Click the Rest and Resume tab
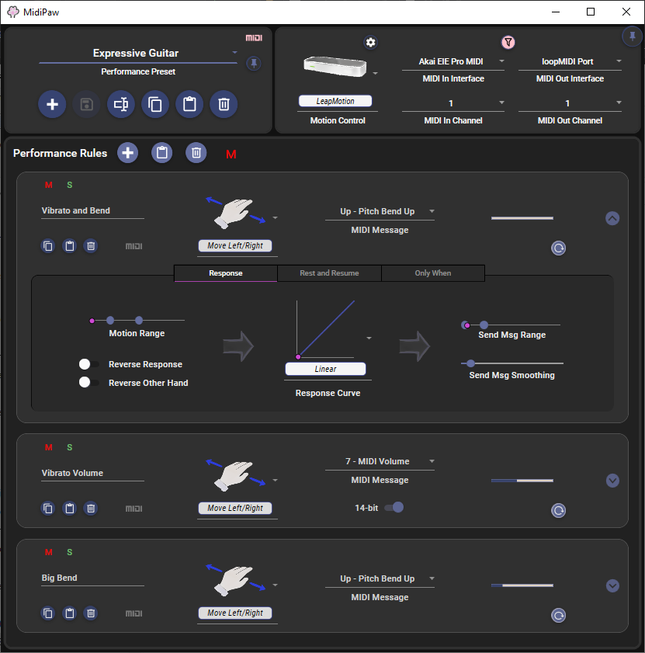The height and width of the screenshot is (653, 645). coord(329,273)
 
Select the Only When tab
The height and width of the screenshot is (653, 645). coord(433,273)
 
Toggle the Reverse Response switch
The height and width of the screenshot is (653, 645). coord(89,364)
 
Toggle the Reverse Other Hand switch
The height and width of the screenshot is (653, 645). coord(89,382)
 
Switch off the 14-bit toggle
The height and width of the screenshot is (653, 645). coord(394,507)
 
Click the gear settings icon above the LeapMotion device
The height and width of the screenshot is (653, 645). coord(370,42)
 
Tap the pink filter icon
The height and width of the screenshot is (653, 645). coord(508,42)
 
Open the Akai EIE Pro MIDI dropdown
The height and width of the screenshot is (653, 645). coord(453,61)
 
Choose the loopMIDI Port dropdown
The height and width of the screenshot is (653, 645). coord(570,61)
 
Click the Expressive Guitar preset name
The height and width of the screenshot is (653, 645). coord(136,54)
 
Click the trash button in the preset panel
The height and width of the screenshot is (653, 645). coord(224,104)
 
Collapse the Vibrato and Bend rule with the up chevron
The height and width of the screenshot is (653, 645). coord(612,218)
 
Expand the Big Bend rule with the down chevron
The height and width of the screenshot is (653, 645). coord(612,585)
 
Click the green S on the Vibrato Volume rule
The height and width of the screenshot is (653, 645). coord(70,447)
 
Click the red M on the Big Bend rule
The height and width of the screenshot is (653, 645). coord(49,552)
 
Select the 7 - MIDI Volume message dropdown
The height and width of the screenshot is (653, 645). coord(380,461)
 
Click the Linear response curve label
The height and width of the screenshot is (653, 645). coord(326,369)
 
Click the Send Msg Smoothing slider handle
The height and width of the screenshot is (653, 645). coord(470,363)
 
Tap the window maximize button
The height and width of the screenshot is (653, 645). coord(591,12)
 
